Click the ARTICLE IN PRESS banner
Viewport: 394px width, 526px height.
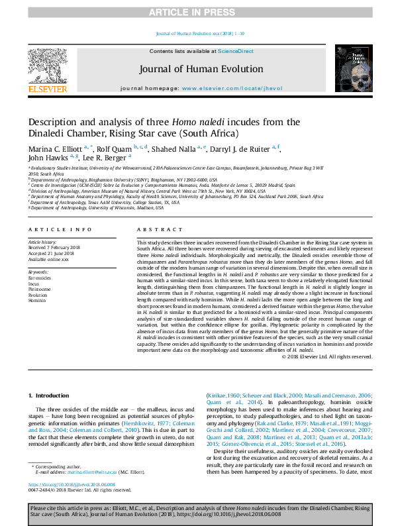(196, 12)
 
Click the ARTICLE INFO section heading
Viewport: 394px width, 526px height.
(60, 229)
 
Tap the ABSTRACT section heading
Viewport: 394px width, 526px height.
(156, 229)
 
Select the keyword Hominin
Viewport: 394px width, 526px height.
(38, 300)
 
